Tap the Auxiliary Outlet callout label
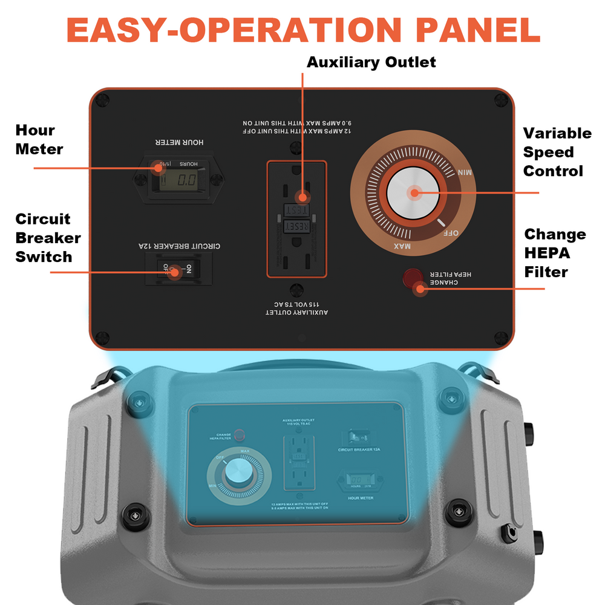371,62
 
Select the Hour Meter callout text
39,140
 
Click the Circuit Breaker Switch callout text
48,238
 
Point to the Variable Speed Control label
557,152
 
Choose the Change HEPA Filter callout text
554,253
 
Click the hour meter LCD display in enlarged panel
180,180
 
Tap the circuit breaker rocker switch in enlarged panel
173,269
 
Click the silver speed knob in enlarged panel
414,194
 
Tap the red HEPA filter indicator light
413,278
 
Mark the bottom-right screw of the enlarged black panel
500,337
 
